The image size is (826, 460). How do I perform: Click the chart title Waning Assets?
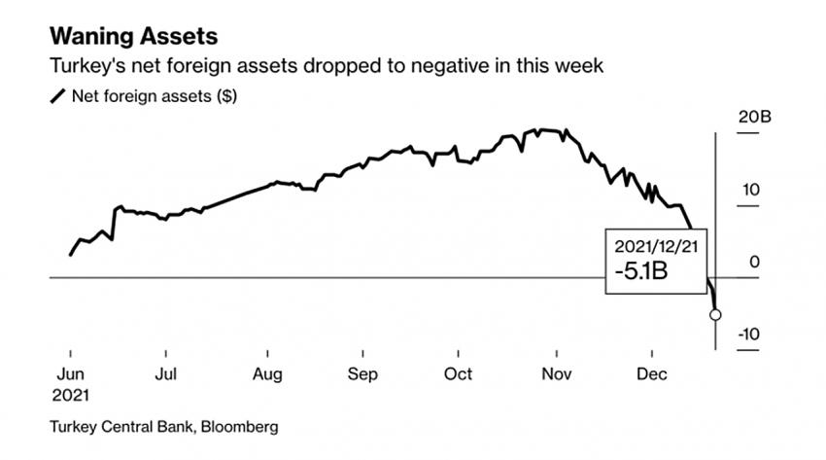click(133, 38)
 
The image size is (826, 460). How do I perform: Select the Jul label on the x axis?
click(166, 373)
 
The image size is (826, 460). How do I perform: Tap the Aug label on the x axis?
click(267, 373)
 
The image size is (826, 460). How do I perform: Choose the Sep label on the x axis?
click(362, 373)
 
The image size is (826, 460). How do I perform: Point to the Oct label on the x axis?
click(458, 373)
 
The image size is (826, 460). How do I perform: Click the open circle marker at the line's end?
click(716, 314)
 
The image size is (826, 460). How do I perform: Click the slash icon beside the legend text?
click(58, 95)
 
